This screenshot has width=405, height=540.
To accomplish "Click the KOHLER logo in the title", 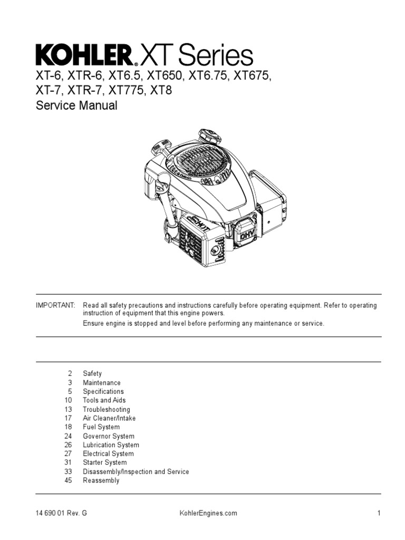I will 84,55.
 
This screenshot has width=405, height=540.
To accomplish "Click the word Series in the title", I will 215,55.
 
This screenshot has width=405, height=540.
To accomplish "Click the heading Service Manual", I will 76,105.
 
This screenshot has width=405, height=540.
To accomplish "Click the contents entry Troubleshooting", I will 106,409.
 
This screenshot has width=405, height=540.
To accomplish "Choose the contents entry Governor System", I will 108,436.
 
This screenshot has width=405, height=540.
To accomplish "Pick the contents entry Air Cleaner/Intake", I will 109,418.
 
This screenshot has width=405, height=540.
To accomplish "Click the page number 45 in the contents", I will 68,480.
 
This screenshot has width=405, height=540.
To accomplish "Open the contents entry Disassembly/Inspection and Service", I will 136,471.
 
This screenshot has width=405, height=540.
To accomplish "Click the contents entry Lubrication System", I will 111,445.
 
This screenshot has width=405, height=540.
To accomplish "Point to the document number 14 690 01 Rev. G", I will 58,513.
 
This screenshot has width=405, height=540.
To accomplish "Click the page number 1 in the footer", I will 379,513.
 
